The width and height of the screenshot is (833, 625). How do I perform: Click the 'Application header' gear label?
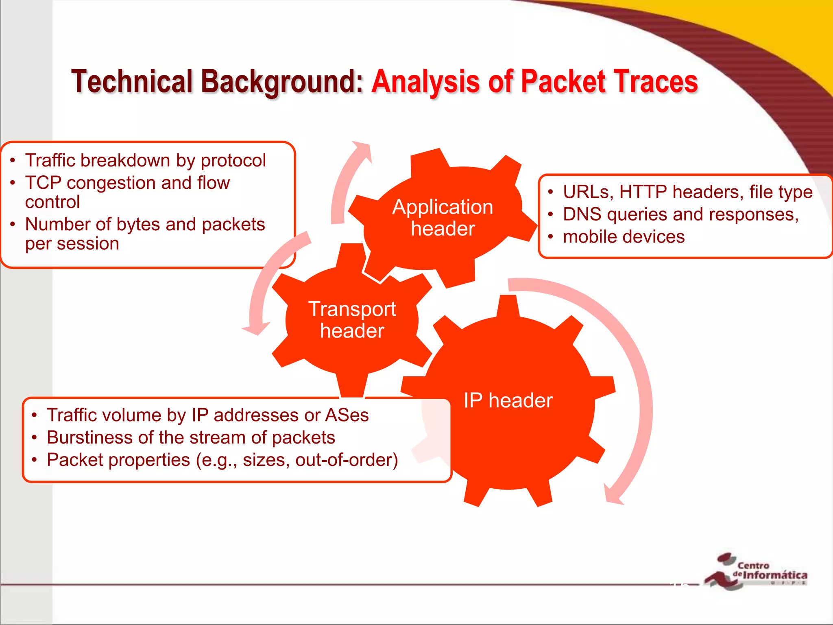(443, 218)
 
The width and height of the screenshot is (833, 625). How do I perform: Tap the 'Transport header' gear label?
(352, 320)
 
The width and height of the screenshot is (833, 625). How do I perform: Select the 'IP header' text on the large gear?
(508, 400)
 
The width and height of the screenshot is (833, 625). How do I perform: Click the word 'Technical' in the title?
(132, 81)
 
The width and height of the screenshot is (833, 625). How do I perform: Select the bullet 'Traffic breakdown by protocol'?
(145, 160)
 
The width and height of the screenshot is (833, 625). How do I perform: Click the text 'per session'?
(72, 244)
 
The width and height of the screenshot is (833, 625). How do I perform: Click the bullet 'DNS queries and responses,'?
(680, 214)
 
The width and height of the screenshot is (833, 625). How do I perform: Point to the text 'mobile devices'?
(624, 237)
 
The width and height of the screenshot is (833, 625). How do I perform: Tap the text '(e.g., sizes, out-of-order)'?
(297, 460)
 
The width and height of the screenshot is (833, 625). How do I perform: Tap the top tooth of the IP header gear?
(508, 305)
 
